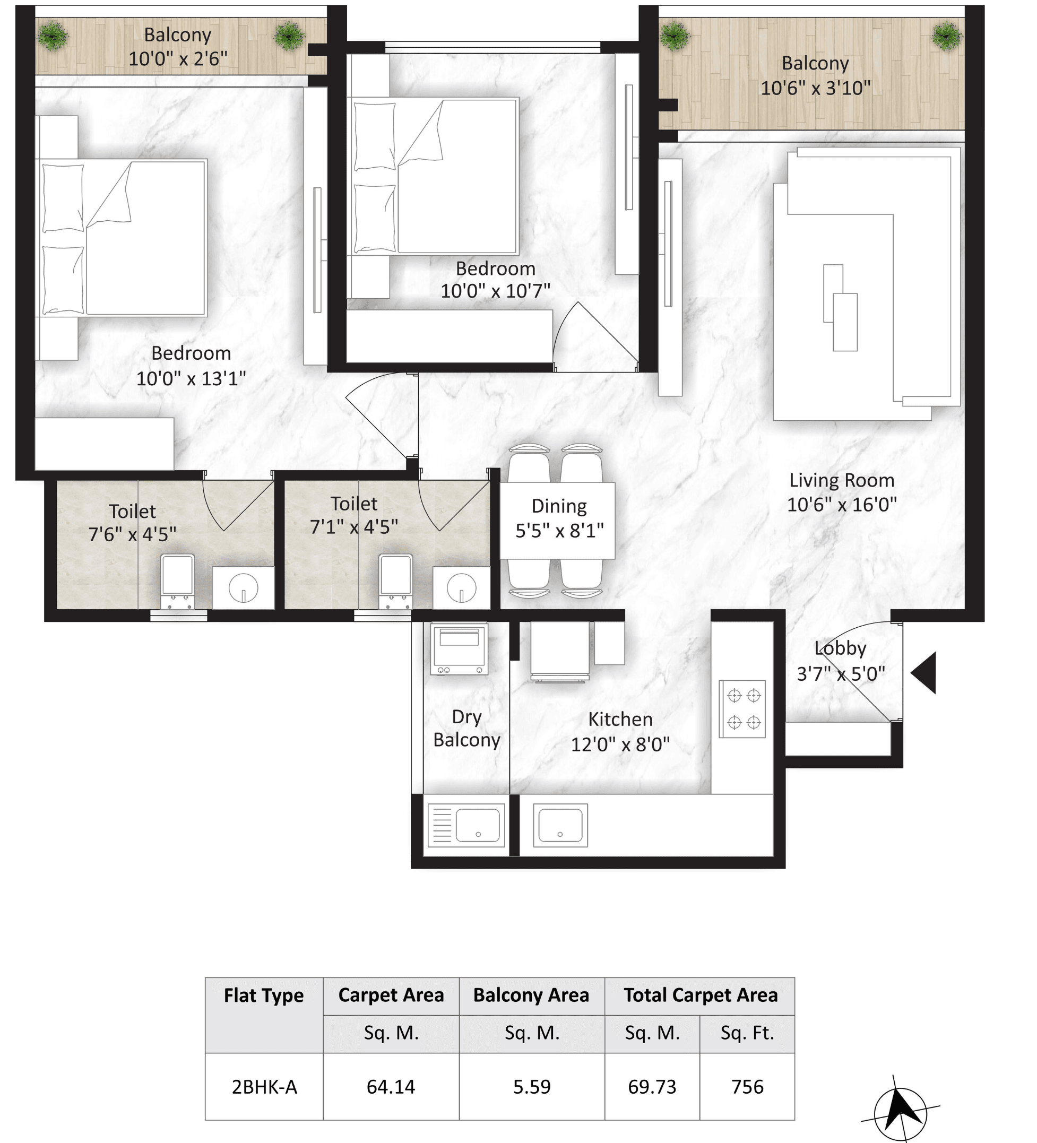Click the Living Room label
(841, 480)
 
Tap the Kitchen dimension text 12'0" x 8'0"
(620, 744)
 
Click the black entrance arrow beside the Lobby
(924, 673)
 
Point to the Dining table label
(558, 506)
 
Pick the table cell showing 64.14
(391, 1086)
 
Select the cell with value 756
(747, 1086)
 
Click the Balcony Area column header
(531, 995)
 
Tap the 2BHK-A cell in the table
(264, 1086)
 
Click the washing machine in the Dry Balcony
(459, 648)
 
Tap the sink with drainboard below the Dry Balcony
(466, 825)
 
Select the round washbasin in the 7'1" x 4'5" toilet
(461, 587)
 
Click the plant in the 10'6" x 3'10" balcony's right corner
(946, 36)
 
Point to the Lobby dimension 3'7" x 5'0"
(840, 673)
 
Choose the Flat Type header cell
(264, 995)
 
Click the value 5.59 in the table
(531, 1086)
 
